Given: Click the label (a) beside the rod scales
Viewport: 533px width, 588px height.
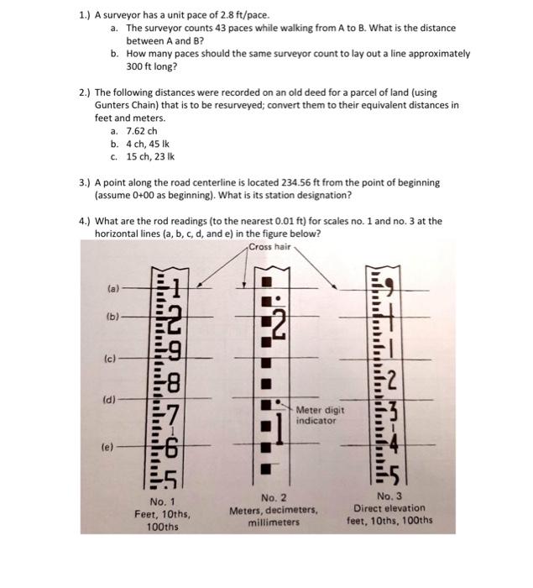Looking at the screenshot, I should point(112,287).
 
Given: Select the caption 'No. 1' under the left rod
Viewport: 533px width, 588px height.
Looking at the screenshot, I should point(159,501).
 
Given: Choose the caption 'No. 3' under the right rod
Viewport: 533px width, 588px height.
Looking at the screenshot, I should point(390,496).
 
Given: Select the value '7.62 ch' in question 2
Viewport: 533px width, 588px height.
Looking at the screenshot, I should point(142,131).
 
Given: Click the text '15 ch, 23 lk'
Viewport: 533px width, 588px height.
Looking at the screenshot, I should point(152,156).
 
